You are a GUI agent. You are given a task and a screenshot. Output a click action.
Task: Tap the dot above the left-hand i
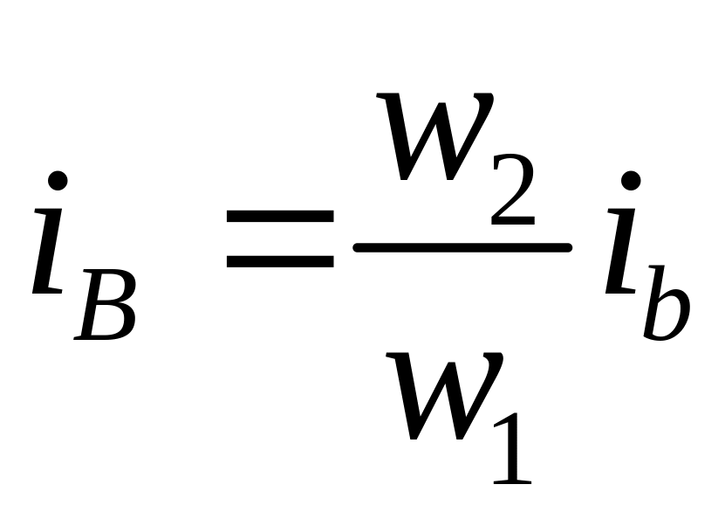point(58,182)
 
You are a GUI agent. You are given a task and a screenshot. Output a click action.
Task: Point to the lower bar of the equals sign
point(279,260)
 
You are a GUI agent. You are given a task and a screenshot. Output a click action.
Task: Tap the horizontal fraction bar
point(462,248)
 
